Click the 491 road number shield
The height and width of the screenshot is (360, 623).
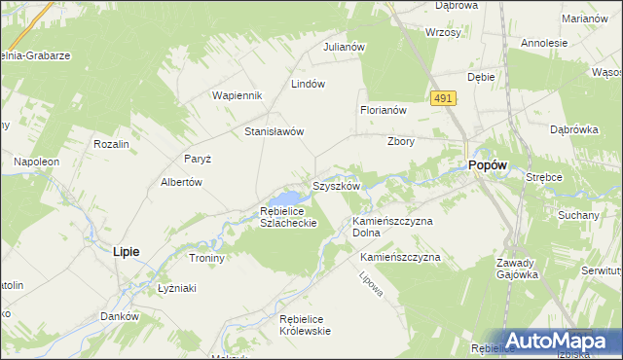click(x=443, y=98)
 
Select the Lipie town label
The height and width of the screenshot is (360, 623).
click(x=126, y=251)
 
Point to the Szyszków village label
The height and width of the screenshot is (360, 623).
click(x=337, y=185)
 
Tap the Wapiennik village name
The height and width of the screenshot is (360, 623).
click(x=238, y=95)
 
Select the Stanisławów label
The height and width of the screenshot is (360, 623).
click(x=275, y=131)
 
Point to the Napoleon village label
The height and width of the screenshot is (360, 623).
click(x=37, y=161)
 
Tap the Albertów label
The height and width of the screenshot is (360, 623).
click(x=181, y=182)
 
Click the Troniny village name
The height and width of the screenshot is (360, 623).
click(x=206, y=258)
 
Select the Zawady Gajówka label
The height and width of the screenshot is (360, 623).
click(x=516, y=269)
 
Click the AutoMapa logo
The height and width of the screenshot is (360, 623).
click(x=556, y=341)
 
